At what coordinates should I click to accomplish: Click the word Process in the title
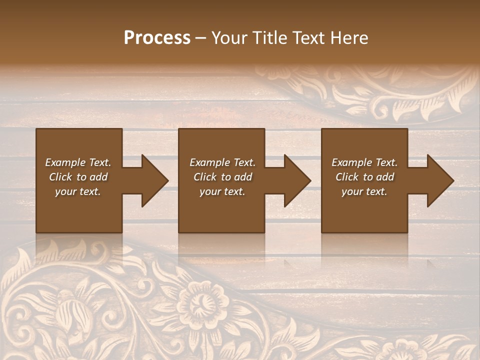coord(157,38)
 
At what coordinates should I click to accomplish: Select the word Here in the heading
coord(348,38)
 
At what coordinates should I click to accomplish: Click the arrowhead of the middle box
coord(297,180)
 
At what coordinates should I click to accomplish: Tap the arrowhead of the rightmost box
coord(440,180)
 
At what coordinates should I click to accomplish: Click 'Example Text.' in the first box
coord(78,162)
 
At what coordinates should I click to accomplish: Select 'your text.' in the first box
coord(78,191)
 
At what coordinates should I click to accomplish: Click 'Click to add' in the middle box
coord(222,177)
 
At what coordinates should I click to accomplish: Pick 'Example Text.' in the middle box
coord(222,162)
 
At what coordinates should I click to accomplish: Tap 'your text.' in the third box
coord(364,191)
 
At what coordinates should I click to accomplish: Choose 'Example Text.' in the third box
coord(364,162)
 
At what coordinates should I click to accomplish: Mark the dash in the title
coord(201,38)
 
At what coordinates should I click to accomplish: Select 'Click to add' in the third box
coord(364,177)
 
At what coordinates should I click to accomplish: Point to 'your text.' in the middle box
coord(222,191)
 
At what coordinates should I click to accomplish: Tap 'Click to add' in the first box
coord(78,177)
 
